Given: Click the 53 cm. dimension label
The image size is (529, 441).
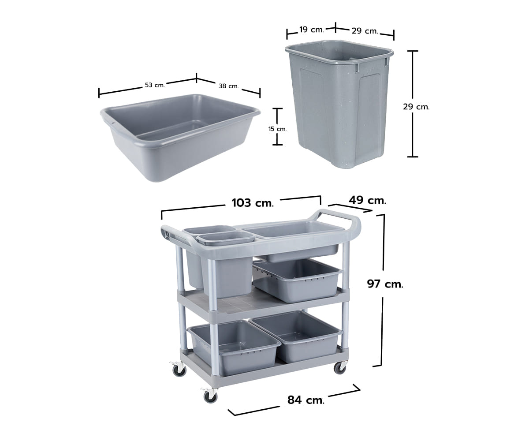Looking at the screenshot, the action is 155,85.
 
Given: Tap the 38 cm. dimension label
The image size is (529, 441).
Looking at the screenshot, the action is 228,86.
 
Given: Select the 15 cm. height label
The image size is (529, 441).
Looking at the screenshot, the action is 277,129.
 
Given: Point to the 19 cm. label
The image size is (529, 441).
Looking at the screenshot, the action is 312,30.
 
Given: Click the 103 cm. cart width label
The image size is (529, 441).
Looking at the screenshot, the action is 253,203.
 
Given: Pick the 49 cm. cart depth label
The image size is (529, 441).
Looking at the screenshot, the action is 367,201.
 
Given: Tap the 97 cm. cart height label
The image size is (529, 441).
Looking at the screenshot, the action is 385,284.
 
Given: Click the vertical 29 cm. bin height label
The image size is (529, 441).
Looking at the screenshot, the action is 416,107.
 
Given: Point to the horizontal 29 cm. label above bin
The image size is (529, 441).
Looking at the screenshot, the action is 365,31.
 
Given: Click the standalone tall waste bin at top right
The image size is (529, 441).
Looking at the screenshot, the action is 339,103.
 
